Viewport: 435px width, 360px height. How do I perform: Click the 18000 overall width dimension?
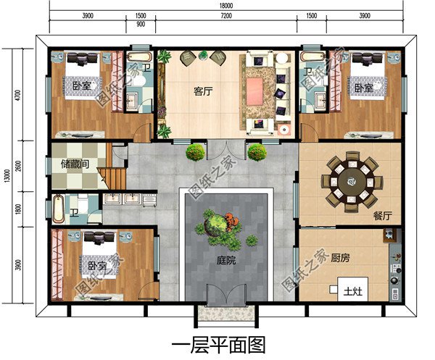pyautogui.click(x=226, y=5)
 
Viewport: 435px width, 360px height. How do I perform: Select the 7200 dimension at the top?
pyautogui.click(x=226, y=15)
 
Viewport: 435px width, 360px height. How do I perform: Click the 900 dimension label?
pyautogui.click(x=141, y=25)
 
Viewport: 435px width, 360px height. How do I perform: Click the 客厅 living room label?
pyautogui.click(x=204, y=92)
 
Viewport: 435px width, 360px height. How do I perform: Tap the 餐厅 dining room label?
pyautogui.click(x=383, y=216)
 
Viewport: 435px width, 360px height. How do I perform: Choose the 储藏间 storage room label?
pyautogui.click(x=75, y=164)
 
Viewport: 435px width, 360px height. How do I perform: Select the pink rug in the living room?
pyautogui.click(x=255, y=90)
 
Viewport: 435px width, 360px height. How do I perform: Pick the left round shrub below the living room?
pyautogui.click(x=194, y=151)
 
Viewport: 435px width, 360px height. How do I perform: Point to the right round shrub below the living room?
pyautogui.click(x=257, y=151)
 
